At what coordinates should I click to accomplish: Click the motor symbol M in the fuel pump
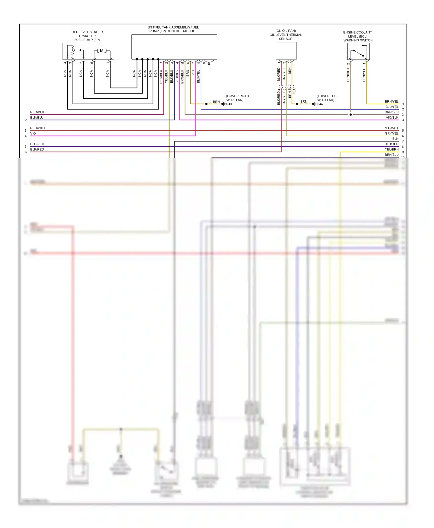tap(102, 51)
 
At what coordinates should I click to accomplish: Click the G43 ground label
tap(229, 104)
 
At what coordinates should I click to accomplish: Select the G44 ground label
tap(319, 104)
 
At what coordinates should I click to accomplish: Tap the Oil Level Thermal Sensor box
tap(286, 51)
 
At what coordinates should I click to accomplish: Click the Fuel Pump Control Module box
tap(174, 47)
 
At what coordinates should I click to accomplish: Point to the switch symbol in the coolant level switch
tap(358, 53)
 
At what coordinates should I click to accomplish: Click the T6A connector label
tap(294, 91)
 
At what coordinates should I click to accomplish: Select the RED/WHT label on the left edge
tap(38, 128)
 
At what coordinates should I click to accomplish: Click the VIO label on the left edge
tap(33, 133)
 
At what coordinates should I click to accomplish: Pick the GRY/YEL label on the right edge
tap(391, 133)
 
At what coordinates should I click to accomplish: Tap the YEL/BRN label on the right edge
tap(391, 149)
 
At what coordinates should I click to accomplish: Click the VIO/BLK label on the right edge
tap(392, 118)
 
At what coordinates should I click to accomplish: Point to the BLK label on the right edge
tap(395, 139)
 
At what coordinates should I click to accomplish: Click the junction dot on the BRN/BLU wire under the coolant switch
tap(351, 115)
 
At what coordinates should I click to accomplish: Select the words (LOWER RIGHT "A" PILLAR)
tap(237, 98)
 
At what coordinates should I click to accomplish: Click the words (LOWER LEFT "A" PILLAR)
tap(327, 98)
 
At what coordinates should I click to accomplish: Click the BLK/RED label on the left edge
tap(37, 149)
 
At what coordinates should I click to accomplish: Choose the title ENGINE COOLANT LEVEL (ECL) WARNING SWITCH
tap(358, 36)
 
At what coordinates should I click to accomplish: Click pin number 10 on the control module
tap(209, 63)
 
